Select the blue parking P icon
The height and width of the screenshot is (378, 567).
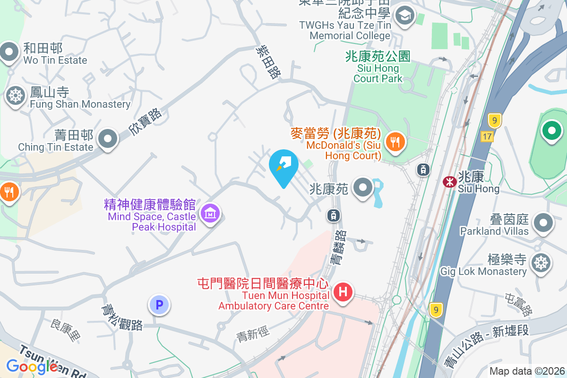pos(159,305)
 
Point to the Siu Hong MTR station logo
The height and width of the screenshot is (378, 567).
pos(449,181)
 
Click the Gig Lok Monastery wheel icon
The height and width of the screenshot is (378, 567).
pos(541,262)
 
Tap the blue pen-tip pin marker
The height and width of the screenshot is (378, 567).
pos(283,164)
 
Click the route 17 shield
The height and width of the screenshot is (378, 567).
pos(488,137)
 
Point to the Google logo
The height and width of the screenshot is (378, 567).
pos(32,366)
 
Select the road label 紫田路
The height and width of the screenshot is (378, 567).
pos(268,61)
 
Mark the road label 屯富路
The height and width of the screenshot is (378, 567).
pos(518,305)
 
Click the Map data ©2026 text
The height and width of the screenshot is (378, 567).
pos(527,371)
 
